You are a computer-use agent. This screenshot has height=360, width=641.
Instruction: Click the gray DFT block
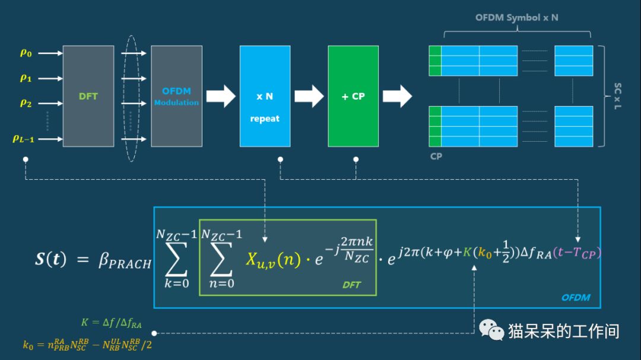click(x=88, y=96)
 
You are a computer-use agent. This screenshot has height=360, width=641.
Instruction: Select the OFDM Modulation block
click(x=176, y=96)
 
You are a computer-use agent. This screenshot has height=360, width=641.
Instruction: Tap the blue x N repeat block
click(x=265, y=96)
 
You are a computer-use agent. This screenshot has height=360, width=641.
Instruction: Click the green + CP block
click(x=353, y=96)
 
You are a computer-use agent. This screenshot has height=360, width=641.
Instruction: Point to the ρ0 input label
click(x=26, y=53)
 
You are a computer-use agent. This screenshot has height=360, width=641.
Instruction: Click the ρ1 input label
click(x=26, y=78)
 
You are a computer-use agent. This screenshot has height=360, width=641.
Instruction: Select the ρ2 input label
click(x=26, y=103)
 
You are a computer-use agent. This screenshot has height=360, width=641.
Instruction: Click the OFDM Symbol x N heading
click(x=516, y=18)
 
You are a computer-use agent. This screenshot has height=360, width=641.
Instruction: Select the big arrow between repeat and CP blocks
click(x=308, y=96)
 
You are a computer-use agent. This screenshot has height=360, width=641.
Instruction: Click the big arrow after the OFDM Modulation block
click(x=221, y=96)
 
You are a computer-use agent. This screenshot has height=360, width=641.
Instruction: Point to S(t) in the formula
click(x=52, y=260)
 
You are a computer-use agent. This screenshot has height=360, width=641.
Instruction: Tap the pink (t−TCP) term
click(x=577, y=253)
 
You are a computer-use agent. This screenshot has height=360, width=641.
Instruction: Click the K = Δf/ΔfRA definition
click(x=111, y=323)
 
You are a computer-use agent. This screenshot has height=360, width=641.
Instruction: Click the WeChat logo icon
click(x=491, y=330)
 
